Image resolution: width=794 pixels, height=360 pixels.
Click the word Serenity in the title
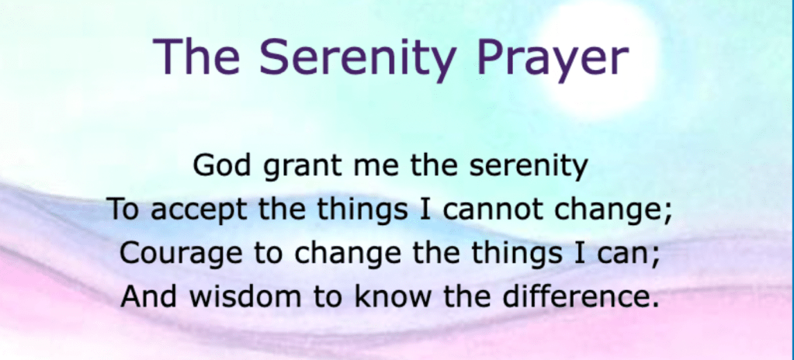356,57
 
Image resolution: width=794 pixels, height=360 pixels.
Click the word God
222,165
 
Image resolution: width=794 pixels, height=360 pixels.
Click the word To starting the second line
123,209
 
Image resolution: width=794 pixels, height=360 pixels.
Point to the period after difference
655,306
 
